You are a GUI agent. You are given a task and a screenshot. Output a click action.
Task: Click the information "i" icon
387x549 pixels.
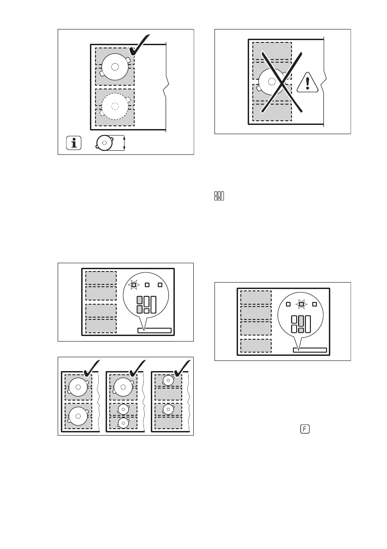coord(73,143)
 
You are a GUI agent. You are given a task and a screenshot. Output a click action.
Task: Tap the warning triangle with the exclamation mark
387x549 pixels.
coord(308,83)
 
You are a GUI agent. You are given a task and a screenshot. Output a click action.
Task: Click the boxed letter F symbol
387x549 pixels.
coord(305,429)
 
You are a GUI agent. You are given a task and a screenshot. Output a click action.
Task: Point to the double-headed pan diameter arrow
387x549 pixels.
coord(124,143)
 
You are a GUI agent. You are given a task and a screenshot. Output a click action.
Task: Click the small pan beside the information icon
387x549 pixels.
coord(104,143)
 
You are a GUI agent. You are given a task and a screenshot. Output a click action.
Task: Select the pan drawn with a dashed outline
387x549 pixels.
coord(115,106)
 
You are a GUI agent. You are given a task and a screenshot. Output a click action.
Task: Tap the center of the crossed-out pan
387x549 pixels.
coord(272,82)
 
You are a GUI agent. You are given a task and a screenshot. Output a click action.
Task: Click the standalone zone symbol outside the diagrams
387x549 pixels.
coord(219,196)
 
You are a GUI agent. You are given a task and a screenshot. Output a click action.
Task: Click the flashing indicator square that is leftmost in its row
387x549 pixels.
coord(133,285)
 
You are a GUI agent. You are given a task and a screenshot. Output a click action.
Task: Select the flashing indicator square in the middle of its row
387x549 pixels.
coord(301,304)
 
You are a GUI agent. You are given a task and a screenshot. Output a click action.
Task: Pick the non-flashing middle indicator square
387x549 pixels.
coord(147,285)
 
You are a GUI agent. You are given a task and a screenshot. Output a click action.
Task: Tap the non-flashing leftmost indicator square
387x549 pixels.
coord(288,304)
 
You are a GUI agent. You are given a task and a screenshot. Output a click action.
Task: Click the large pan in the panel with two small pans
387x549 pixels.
coord(123,387)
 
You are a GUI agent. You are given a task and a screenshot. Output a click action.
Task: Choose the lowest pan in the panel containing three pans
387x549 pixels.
coord(123,423)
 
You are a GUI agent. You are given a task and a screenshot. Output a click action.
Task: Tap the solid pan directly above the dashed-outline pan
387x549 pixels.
coord(115,66)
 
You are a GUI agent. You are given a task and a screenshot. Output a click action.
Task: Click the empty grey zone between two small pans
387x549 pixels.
coord(168,394)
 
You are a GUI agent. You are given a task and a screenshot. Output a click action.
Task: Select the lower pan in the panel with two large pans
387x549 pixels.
coord(78,416)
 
